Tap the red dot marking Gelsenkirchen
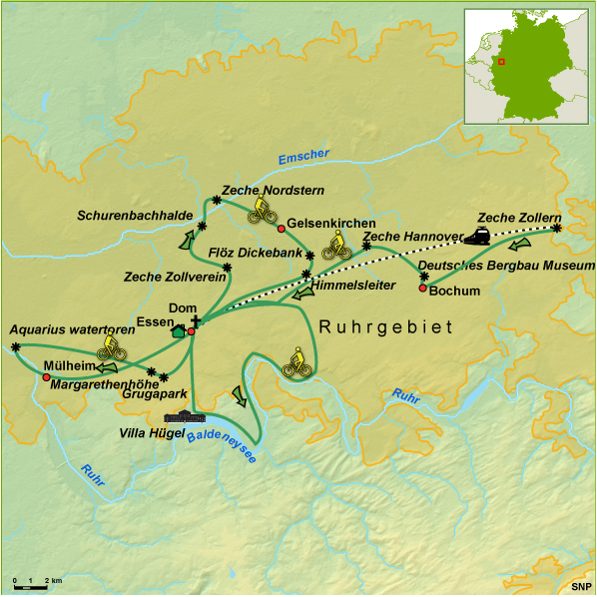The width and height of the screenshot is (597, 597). pyautogui.click(x=282, y=229)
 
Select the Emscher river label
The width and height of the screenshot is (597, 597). pyautogui.click(x=303, y=156)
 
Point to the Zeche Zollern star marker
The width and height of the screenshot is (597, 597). pyautogui.click(x=556, y=229)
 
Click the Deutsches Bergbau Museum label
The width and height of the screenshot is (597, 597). pyautogui.click(x=505, y=266)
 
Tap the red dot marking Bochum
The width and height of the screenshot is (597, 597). pyautogui.click(x=423, y=289)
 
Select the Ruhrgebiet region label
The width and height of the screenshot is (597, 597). pyautogui.click(x=385, y=327)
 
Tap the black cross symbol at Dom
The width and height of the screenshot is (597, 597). pyautogui.click(x=196, y=320)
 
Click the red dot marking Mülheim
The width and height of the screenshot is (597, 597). pyautogui.click(x=46, y=376)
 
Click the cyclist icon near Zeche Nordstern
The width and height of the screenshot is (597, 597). pyautogui.click(x=263, y=209)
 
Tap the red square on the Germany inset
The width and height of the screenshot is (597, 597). pyautogui.click(x=502, y=62)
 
